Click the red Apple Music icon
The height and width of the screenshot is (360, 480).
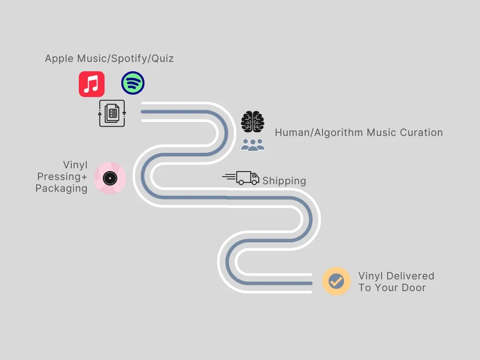click(x=91, y=84)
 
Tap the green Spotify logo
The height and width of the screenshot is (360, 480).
click(x=133, y=83)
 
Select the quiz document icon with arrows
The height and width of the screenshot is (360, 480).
click(x=112, y=113)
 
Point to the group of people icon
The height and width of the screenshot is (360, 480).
click(x=253, y=145)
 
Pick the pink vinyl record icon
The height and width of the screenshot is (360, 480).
click(x=110, y=178)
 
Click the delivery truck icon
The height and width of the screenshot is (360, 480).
click(x=241, y=178)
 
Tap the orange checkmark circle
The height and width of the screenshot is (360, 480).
click(x=336, y=281)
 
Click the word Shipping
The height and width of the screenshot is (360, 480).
click(x=284, y=181)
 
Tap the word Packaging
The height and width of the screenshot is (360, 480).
click(x=61, y=188)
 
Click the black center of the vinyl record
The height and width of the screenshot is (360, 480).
click(x=110, y=178)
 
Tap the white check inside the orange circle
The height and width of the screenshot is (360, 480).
click(x=336, y=281)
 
